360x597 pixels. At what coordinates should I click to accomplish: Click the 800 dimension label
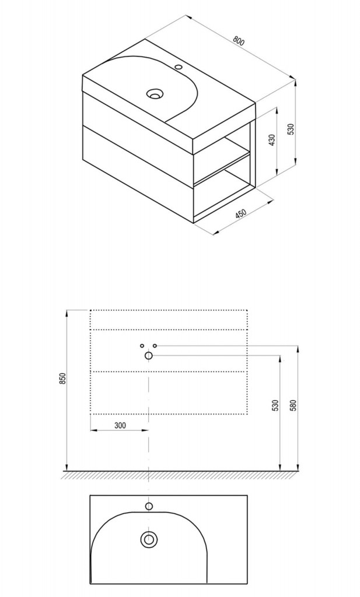tap(239, 41)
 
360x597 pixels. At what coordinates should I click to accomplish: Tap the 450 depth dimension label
tap(241, 214)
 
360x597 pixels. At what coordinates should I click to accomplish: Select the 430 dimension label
tap(272, 141)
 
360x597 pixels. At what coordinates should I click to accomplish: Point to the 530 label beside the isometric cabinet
tap(291, 129)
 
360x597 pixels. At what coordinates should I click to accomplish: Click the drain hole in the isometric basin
tap(155, 93)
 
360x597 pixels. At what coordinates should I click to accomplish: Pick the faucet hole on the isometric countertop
tap(179, 68)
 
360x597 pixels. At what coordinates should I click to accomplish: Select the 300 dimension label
tap(120, 425)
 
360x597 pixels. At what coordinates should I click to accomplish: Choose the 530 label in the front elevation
tap(276, 405)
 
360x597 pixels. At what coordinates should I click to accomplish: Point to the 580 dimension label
tap(293, 405)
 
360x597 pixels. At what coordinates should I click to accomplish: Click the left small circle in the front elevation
tap(142, 346)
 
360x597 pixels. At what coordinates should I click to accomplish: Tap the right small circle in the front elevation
tap(155, 346)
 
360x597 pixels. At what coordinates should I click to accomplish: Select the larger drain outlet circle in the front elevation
tap(149, 356)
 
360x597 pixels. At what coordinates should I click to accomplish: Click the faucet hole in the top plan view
tap(149, 506)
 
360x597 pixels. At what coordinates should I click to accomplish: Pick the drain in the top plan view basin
tap(149, 539)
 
